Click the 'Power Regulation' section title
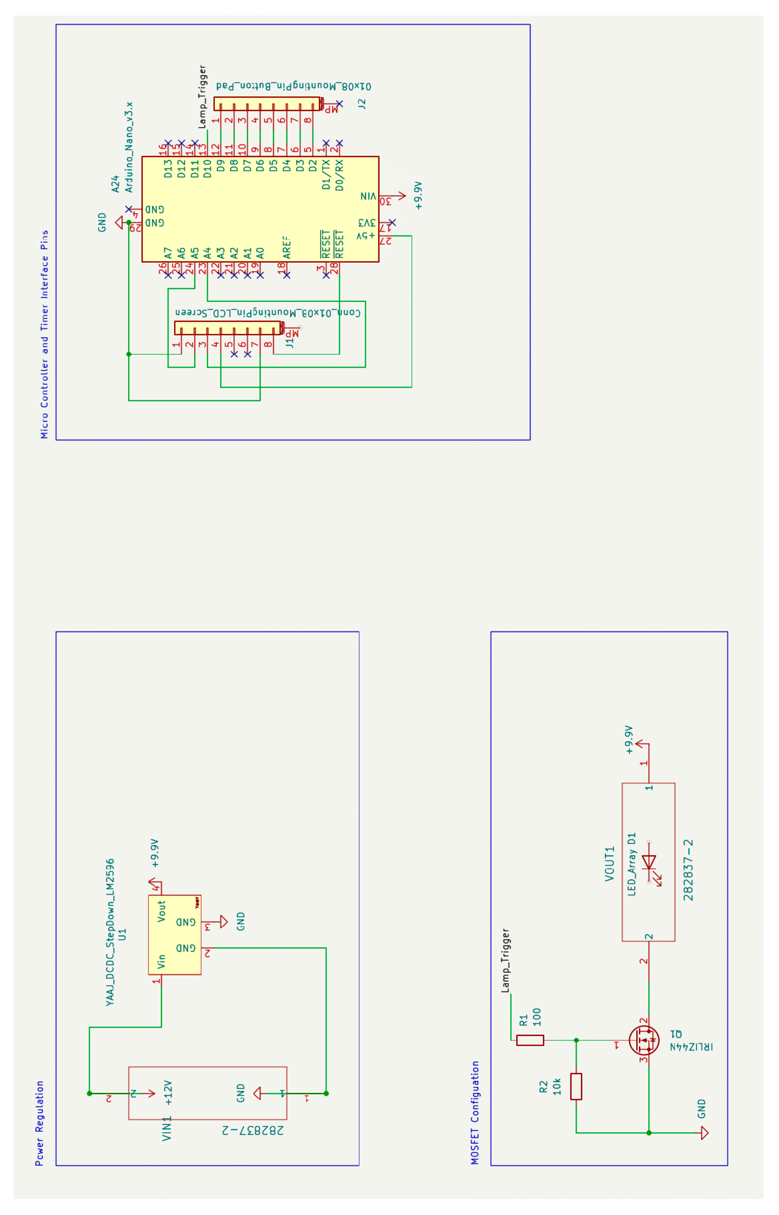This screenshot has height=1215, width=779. point(40,1123)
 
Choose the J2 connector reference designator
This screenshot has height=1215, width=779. point(361,104)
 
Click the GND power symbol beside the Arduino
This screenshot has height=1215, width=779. point(119,223)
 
